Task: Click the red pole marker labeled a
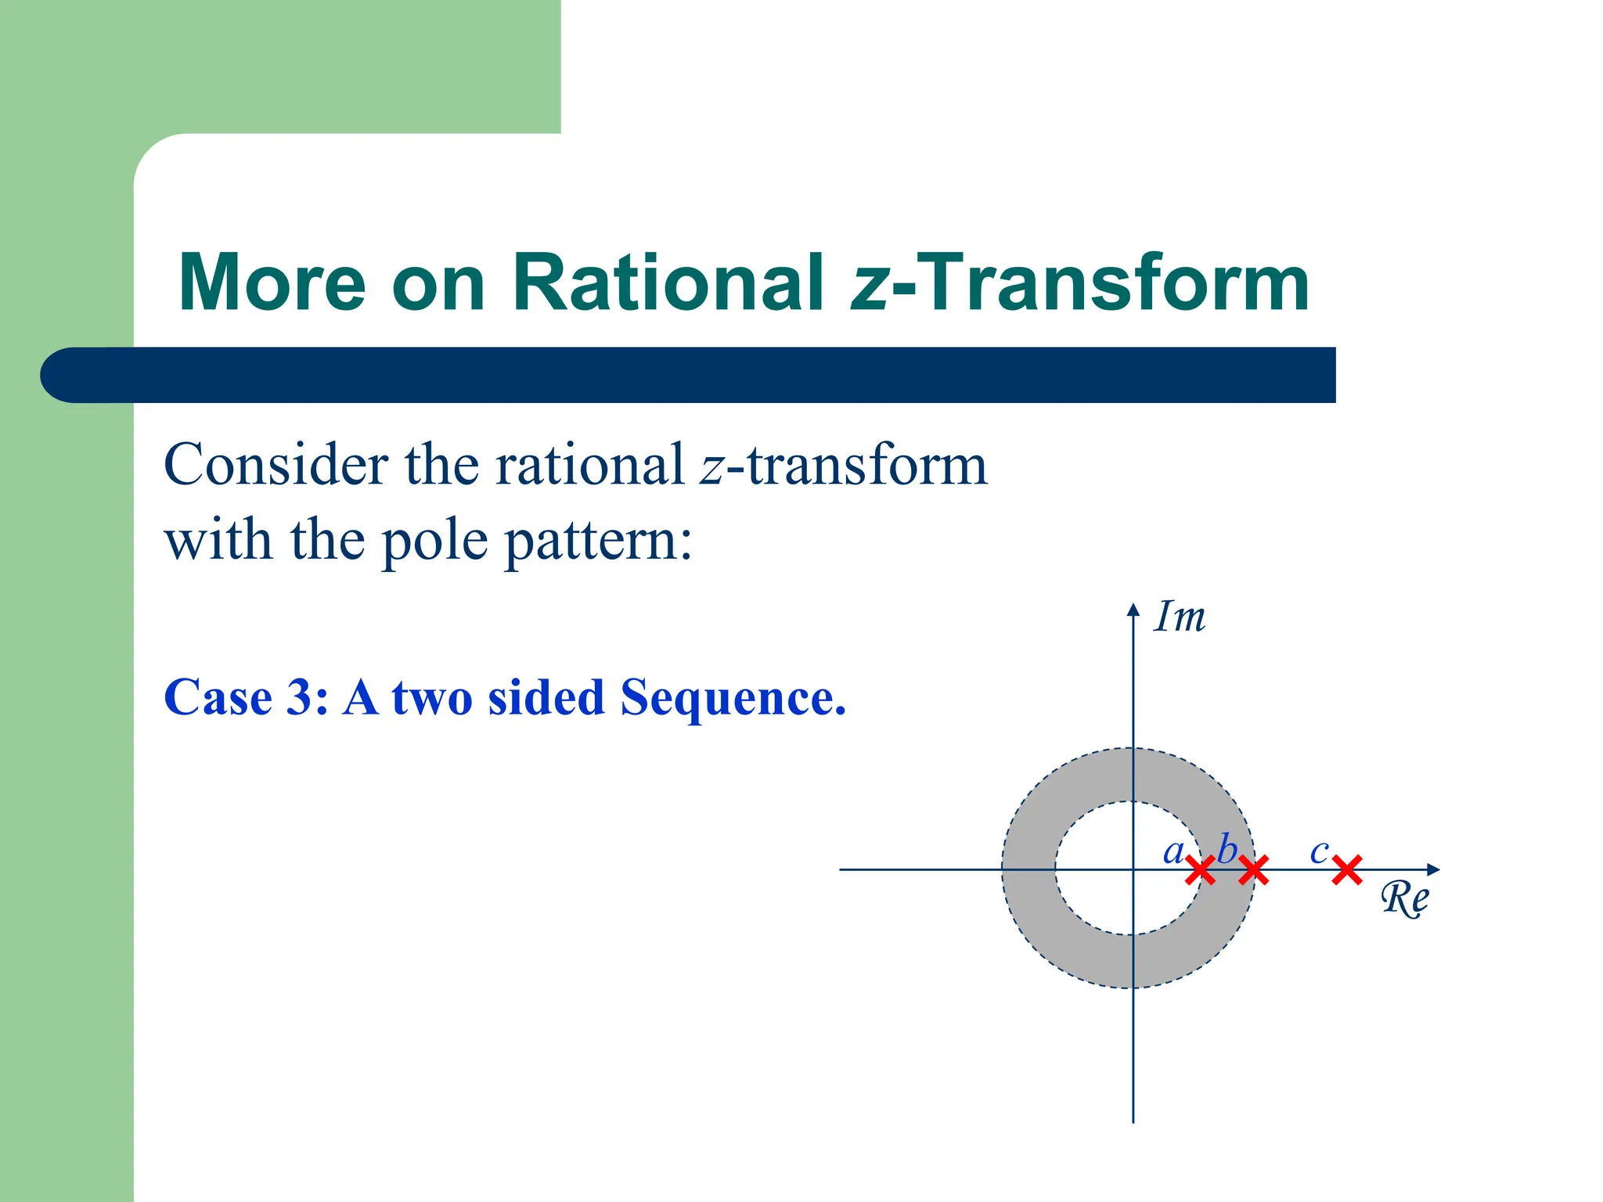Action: tap(1200, 869)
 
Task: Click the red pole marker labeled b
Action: tap(1253, 869)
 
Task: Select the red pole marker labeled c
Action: tap(1347, 869)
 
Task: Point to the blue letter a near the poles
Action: tap(1173, 851)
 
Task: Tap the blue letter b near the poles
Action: tap(1227, 848)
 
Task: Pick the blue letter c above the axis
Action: tap(1319, 851)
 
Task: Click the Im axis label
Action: tap(1180, 617)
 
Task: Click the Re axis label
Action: tap(1404, 898)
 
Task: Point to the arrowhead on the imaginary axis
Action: tap(1133, 610)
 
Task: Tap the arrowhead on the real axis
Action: tap(1432, 869)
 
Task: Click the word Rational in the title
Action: tap(668, 283)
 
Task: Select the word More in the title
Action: tap(272, 283)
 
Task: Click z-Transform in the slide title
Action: tap(1080, 283)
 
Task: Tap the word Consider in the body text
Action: tap(276, 465)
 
